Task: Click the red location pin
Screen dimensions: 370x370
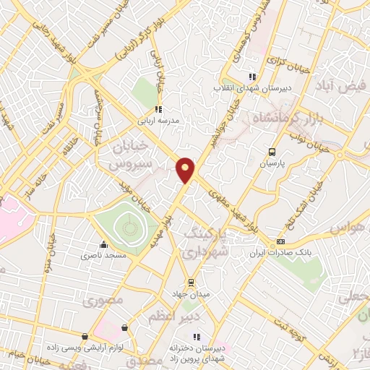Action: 186,168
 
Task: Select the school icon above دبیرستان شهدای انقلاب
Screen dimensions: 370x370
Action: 251,77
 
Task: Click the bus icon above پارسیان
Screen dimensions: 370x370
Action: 272,152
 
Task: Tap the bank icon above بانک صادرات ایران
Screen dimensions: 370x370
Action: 281,241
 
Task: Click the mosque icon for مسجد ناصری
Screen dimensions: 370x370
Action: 104,244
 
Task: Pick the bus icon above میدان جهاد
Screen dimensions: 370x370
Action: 191,282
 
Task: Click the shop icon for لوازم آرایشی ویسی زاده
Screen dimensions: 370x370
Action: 85,337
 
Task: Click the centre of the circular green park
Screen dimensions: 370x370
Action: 128,229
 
